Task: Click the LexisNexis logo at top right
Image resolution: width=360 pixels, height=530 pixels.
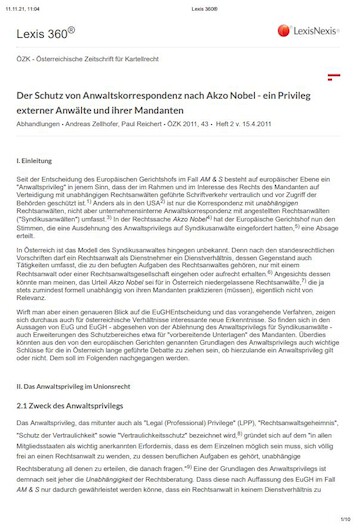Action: [309, 31]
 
